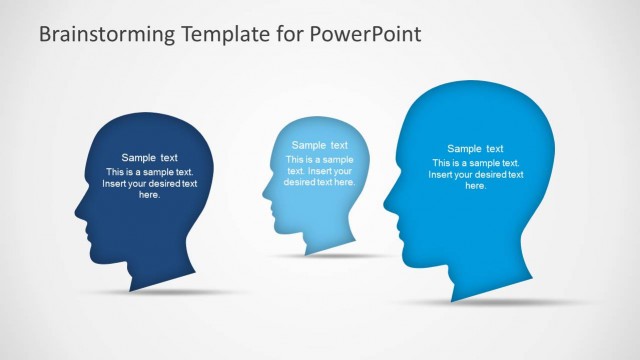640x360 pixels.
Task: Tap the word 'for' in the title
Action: pyautogui.click(x=287, y=34)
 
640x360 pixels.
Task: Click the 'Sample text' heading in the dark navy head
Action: pyautogui.click(x=150, y=157)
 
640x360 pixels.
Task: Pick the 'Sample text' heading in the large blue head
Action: pyautogui.click(x=475, y=148)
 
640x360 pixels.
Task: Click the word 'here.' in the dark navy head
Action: pyautogui.click(x=150, y=195)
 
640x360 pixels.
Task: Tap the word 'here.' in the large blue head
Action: pyautogui.click(x=475, y=186)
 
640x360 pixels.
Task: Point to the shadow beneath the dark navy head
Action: pyautogui.click(x=150, y=292)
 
